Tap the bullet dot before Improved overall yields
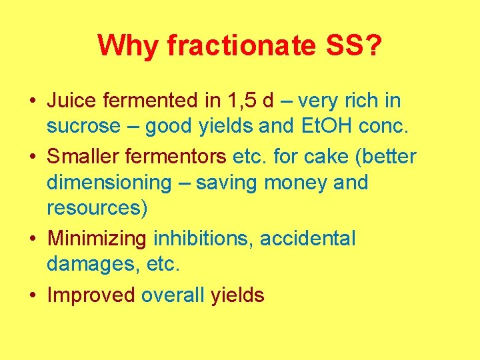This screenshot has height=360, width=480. click(x=33, y=295)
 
